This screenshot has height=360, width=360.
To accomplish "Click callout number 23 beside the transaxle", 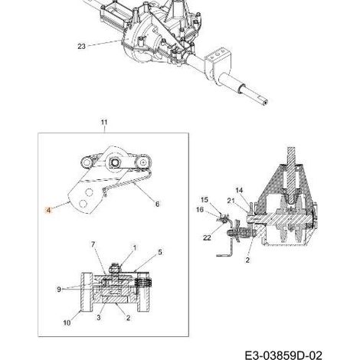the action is pyautogui.click(x=81, y=47).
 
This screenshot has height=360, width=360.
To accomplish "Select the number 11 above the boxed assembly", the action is pyautogui.click(x=104, y=123).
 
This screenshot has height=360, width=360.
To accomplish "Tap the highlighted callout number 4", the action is pyautogui.click(x=48, y=210).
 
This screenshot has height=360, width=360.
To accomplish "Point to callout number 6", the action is pyautogui.click(x=157, y=204).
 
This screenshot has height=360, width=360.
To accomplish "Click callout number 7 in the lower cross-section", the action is pyautogui.click(x=93, y=244).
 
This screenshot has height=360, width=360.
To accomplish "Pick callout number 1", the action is pyautogui.click(x=135, y=247).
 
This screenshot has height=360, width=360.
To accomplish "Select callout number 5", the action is pyautogui.click(x=160, y=252).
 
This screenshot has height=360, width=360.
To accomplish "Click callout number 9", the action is pyautogui.click(x=59, y=290).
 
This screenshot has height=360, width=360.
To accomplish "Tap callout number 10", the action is pyautogui.click(x=67, y=322).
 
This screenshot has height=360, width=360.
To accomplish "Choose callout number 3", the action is pyautogui.click(x=99, y=317).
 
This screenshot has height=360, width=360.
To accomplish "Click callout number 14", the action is pyautogui.click(x=239, y=190).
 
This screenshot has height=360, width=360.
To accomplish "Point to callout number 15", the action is pyautogui.click(x=205, y=200).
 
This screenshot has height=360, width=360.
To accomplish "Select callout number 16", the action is pyautogui.click(x=200, y=210).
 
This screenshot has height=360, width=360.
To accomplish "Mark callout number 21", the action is pyautogui.click(x=231, y=201).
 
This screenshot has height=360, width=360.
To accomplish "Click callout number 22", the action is pyautogui.click(x=207, y=237).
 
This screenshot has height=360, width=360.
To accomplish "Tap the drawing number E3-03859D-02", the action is pyautogui.click(x=283, y=355).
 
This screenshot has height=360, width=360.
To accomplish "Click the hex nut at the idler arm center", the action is pyautogui.click(x=113, y=162).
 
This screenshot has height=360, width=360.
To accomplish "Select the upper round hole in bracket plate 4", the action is pyautogui.click(x=89, y=192).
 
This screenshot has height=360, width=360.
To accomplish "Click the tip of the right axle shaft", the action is pyautogui.click(x=266, y=103).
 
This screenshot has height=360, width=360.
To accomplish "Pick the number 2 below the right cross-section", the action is pyautogui.click(x=247, y=260).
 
